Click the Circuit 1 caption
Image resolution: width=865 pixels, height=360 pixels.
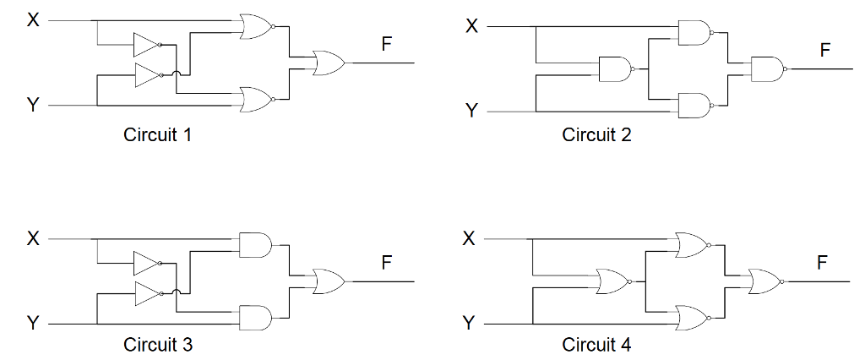coord(157,134)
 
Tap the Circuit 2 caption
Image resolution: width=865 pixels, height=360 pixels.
coord(596,134)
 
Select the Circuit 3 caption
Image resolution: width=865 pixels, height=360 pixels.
coord(157,344)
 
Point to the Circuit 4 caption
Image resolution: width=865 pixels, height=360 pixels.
coord(596,344)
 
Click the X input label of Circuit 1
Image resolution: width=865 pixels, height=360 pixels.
coord(33,19)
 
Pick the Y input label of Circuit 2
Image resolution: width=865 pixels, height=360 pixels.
coord(471,111)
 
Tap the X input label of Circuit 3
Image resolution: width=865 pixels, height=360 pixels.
coord(33,238)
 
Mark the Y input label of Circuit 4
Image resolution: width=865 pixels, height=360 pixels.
coord(471,323)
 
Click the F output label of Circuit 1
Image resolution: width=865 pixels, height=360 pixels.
coord(386,44)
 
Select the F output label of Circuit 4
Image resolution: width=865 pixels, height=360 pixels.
coord(822,263)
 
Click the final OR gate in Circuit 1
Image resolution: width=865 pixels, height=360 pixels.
coord(328,63)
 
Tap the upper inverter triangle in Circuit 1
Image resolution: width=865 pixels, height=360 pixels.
coord(146,45)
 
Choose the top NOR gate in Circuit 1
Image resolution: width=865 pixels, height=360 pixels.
coord(256,27)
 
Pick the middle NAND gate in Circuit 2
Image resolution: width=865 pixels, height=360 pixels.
coord(614,68)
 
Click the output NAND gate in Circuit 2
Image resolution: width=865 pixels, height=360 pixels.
coord(766,68)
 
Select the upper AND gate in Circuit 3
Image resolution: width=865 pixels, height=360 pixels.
coord(255,245)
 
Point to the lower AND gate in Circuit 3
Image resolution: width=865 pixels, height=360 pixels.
coord(255,317)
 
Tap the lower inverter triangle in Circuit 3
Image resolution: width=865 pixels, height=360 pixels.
coord(146,294)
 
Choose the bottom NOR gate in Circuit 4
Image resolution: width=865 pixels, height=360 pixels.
coord(692,318)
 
